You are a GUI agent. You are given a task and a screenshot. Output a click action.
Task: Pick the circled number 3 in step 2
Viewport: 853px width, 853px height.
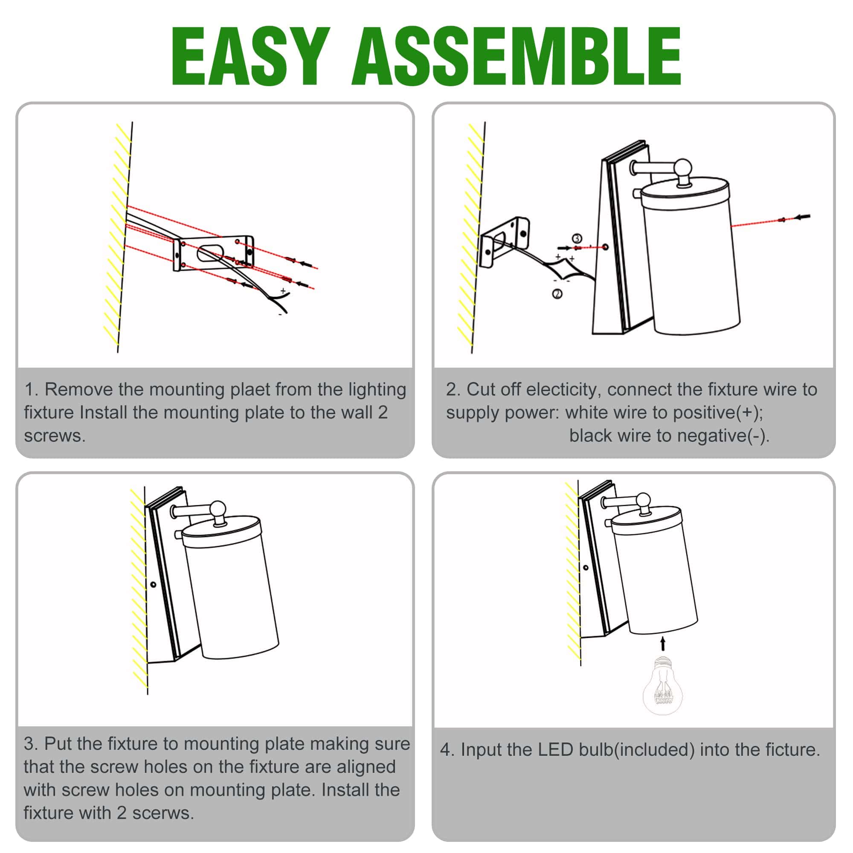[x=577, y=238]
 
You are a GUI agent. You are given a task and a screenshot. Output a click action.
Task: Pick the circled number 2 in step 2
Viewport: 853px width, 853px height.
[x=557, y=293]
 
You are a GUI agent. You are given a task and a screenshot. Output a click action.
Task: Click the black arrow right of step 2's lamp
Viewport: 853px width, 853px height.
[x=802, y=217]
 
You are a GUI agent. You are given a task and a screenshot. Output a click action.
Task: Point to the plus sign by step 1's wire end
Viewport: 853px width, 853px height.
[x=283, y=291]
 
